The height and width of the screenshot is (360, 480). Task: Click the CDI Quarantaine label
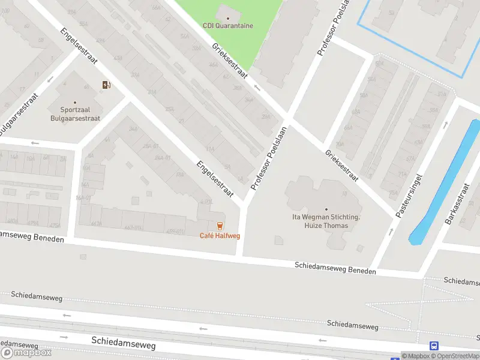point(228,26)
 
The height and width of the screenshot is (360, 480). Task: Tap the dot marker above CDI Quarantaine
point(228,18)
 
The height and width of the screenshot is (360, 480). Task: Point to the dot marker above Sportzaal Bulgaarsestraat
point(75,103)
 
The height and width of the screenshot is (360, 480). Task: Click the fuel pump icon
point(106,85)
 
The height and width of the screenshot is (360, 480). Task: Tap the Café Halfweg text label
point(220,236)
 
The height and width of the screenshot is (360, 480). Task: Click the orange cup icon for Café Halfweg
point(220,226)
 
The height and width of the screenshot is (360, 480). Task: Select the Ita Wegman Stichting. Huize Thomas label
point(326,221)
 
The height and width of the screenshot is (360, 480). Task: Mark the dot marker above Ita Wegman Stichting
point(326,209)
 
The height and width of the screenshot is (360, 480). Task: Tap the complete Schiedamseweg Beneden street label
point(335,268)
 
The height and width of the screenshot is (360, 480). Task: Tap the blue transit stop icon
point(434,346)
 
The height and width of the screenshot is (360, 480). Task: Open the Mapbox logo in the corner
point(26,352)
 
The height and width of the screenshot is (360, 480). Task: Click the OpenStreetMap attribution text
point(456,356)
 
